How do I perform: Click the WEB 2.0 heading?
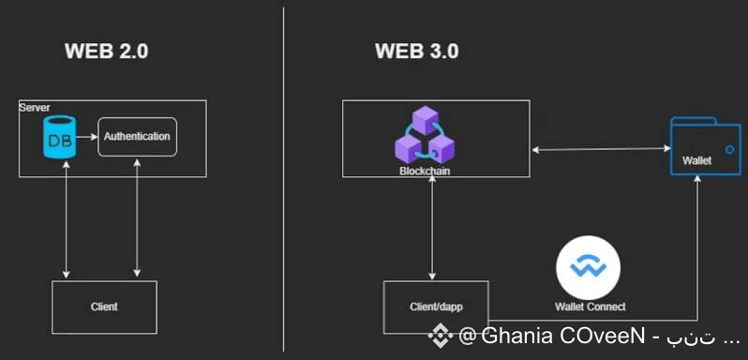click(106, 51)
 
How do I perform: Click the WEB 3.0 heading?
click(416, 51)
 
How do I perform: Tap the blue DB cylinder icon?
click(59, 137)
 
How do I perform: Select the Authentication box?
click(137, 137)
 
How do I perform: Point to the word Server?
click(35, 107)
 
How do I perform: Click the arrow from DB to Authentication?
click(86, 137)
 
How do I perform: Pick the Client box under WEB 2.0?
click(104, 307)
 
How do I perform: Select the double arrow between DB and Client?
click(66, 219)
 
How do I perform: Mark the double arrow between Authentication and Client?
click(137, 217)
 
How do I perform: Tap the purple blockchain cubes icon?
click(425, 135)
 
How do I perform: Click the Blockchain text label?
click(425, 171)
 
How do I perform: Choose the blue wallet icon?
click(705, 146)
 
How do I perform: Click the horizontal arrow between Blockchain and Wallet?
click(601, 149)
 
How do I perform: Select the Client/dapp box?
click(436, 307)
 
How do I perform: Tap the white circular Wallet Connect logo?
click(589, 267)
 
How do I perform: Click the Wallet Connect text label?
click(591, 307)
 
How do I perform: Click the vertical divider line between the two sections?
click(283, 179)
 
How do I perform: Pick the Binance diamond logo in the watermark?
click(440, 336)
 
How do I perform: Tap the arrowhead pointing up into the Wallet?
click(697, 179)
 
